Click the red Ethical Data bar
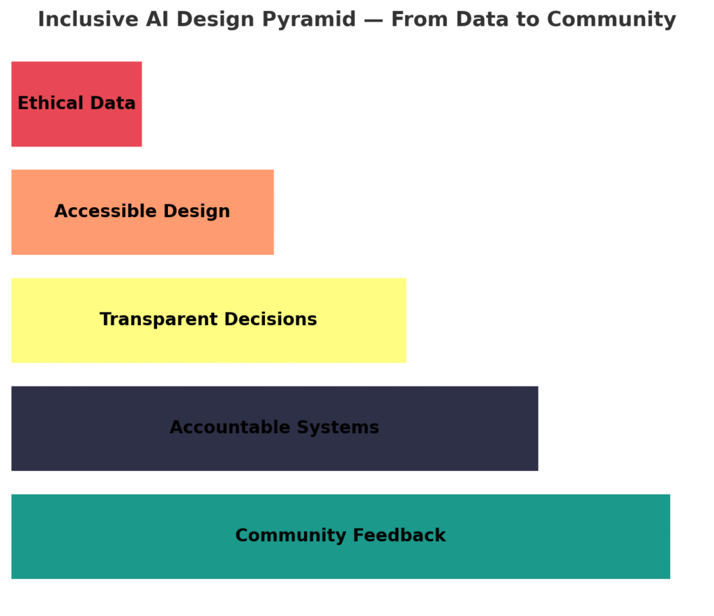point(77,104)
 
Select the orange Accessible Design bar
point(142,212)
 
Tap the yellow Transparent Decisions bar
point(208,320)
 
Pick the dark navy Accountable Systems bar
point(275,428)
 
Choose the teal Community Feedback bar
point(340,536)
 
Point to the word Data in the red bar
point(113,103)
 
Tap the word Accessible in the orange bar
point(106,211)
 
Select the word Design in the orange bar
point(197,212)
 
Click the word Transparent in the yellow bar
point(159,320)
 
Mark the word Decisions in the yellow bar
point(271,319)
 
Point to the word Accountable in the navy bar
point(230,428)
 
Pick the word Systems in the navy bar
point(338,428)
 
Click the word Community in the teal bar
point(291,536)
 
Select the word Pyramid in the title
point(310,20)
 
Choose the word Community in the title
point(612,20)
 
